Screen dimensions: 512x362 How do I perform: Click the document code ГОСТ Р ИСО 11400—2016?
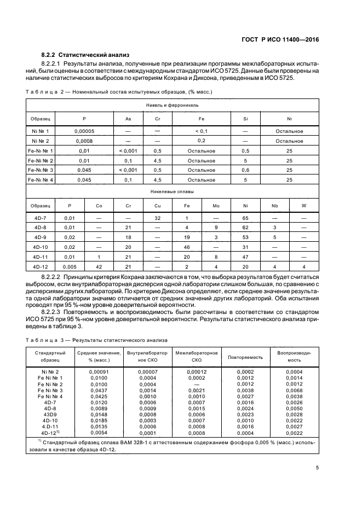pyautogui.click(x=280, y=39)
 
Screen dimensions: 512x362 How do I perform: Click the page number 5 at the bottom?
pyautogui.click(x=317, y=467)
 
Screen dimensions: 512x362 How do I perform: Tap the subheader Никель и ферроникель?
pyautogui.click(x=172, y=104)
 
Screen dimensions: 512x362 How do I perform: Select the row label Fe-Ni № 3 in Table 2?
pyautogui.click(x=41, y=170)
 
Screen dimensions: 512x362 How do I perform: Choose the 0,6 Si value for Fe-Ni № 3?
pyautogui.click(x=245, y=170)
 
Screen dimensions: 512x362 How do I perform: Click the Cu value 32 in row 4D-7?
pyautogui.click(x=157, y=218)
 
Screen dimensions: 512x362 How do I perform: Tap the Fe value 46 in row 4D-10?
pyautogui.click(x=187, y=247)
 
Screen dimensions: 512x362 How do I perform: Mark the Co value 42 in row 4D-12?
pyautogui.click(x=99, y=266)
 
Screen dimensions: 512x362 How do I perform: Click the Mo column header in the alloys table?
pyautogui.click(x=216, y=206)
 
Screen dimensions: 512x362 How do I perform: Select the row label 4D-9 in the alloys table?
pyautogui.click(x=41, y=237)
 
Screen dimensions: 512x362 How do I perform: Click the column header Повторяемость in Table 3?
pyautogui.click(x=245, y=357)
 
